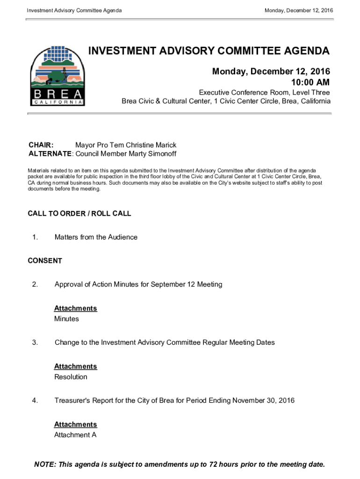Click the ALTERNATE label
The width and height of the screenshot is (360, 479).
click(50, 154)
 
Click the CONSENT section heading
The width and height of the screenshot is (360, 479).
click(45, 261)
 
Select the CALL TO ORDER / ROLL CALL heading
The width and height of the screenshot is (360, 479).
click(79, 213)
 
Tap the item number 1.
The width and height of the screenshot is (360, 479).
click(35, 237)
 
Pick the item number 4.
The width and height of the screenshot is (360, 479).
click(35, 400)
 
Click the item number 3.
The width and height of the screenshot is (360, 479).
click(35, 342)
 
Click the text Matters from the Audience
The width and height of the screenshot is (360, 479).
click(96, 237)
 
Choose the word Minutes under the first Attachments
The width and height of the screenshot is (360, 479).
click(66, 319)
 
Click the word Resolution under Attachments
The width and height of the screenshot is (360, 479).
click(71, 377)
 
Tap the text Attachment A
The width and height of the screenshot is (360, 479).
click(75, 435)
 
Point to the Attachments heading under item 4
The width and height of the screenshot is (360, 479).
click(75, 424)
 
